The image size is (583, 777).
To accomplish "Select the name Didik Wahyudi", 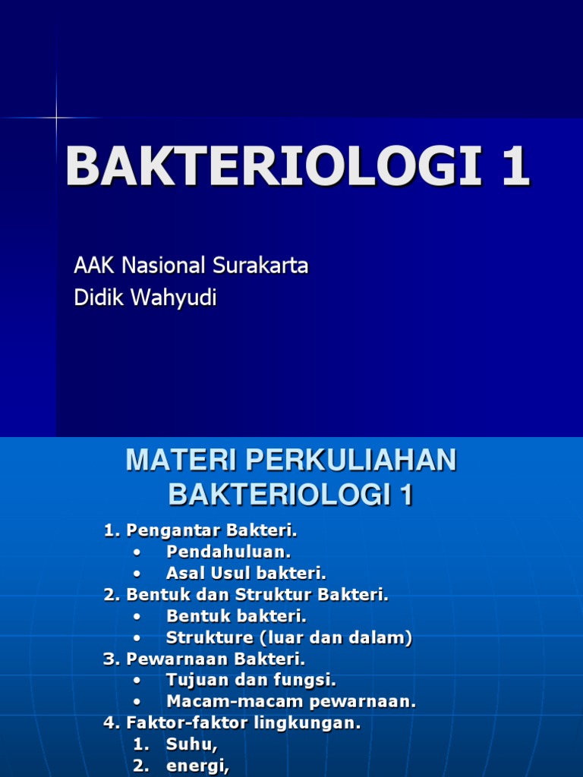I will coord(145,298).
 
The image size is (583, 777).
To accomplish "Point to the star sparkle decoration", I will coord(56,118).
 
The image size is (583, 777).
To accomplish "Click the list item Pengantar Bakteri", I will coord(210,530).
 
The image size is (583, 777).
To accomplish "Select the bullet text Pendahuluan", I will coord(228,552).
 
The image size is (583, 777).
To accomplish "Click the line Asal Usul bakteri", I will coord(246,573).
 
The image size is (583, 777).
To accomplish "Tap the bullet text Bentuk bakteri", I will coord(236,616).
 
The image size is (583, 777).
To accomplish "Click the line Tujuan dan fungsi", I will coord(251,681).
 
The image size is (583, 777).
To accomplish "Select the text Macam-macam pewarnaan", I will coord(291,702).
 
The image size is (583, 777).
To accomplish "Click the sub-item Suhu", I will coord(191,745).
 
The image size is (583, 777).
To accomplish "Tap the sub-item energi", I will coord(197,766).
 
